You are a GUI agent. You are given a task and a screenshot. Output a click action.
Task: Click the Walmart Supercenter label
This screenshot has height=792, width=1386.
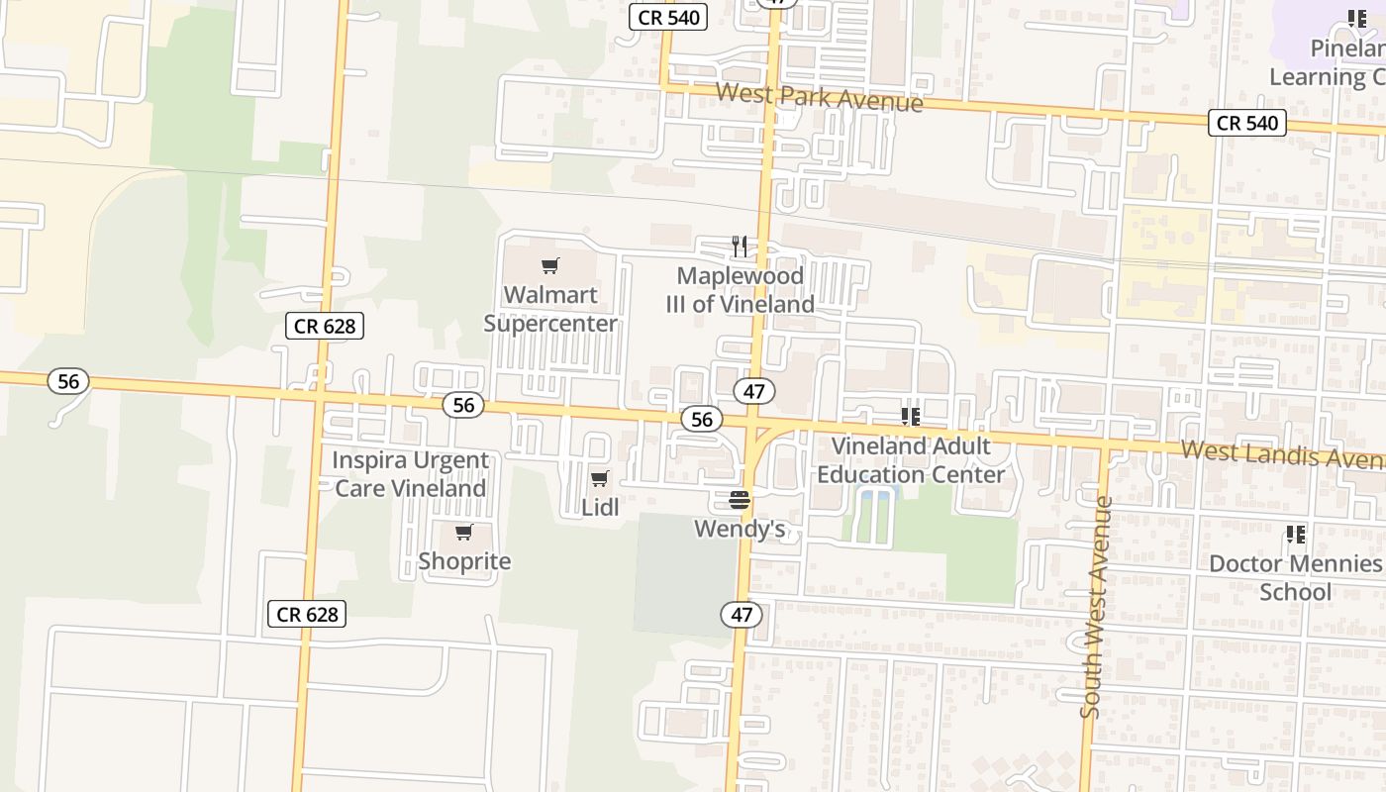click(x=550, y=309)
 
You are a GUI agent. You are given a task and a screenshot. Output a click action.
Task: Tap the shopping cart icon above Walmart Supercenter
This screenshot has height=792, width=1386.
click(x=550, y=265)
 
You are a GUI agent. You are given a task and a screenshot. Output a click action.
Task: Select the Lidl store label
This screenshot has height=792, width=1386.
click(x=600, y=507)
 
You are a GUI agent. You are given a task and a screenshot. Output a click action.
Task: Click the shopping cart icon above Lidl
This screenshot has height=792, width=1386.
click(x=600, y=479)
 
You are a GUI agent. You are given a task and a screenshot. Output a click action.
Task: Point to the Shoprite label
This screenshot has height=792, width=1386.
click(x=464, y=561)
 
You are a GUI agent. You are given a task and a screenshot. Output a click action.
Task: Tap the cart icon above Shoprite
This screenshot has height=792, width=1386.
click(x=464, y=534)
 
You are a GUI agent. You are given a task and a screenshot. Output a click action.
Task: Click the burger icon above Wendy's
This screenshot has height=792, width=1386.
click(x=740, y=500)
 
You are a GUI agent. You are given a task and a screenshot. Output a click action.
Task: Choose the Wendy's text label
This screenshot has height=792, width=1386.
click(x=740, y=529)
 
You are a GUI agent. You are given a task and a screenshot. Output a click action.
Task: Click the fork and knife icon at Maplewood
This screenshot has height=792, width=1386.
click(x=740, y=247)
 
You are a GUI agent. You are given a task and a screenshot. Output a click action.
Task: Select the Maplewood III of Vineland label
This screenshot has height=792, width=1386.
click(x=741, y=290)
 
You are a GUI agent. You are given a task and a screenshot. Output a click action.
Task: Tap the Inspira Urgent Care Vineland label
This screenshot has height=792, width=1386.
click(x=410, y=474)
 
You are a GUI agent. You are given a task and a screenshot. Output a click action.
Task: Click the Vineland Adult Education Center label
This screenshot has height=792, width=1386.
click(x=911, y=460)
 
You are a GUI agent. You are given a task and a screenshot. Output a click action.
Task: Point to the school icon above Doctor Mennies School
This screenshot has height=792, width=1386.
click(x=1296, y=536)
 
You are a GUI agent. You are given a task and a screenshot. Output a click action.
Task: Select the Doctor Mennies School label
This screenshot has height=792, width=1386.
click(x=1295, y=578)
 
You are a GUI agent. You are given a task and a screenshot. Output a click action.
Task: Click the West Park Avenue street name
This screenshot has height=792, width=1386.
click(x=819, y=97)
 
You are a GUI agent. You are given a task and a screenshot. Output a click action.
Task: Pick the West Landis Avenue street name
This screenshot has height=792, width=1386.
click(x=1282, y=455)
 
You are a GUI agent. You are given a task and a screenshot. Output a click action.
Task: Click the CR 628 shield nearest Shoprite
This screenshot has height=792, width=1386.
click(x=307, y=614)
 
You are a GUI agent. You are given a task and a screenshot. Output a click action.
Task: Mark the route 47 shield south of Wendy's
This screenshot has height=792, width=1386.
click(x=742, y=615)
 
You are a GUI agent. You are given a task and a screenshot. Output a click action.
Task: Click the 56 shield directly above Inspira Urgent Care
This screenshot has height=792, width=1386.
click(x=463, y=404)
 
